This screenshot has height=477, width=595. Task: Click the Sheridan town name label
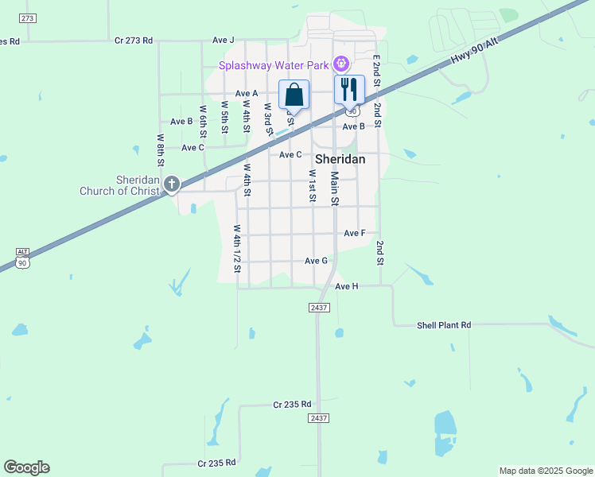(340, 159)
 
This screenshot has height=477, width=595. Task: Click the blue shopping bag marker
(294, 95)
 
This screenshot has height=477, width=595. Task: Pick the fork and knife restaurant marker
(348, 89)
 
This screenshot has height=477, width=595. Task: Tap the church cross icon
(171, 184)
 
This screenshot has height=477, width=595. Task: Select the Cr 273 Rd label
(133, 40)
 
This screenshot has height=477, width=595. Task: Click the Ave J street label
(224, 40)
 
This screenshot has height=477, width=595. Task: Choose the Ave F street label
(355, 233)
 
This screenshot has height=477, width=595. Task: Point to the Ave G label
(316, 261)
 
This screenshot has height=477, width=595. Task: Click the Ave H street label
(347, 285)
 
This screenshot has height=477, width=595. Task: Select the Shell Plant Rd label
(444, 325)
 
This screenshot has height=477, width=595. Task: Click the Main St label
(335, 189)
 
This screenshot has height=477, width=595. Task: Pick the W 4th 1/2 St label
(237, 249)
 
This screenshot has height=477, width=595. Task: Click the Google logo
(26, 467)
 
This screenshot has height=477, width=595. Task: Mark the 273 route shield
(29, 17)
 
